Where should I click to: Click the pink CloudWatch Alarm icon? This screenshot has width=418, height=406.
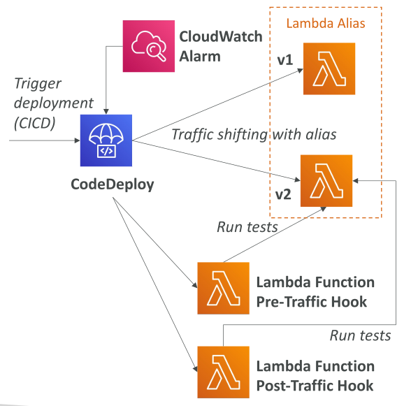pos(149,46)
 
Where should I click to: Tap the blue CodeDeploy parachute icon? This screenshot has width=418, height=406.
pos(106,140)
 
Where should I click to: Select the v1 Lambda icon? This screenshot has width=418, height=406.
pos(329,68)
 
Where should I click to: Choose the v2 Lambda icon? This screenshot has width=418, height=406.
pos(326,181)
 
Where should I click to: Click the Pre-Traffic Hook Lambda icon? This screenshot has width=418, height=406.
pos(224,288)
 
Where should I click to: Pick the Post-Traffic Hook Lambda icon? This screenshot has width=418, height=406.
pos(224,372)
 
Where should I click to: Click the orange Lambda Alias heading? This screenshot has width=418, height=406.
pos(326,23)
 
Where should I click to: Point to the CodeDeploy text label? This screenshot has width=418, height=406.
pos(113,184)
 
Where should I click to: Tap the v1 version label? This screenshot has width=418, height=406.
pos(285,59)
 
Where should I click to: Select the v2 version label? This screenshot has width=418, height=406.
pos(283,194)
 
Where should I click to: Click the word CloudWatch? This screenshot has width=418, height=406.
pos(221,36)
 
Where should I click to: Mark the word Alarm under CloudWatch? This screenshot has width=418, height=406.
pos(200,57)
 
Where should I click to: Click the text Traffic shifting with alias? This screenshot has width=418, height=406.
pos(254,134)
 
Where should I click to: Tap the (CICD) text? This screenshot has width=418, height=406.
pos(35,123)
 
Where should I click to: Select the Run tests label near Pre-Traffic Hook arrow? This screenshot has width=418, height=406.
pos(247,227)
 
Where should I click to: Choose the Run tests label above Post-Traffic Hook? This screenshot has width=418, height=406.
pos(360,335)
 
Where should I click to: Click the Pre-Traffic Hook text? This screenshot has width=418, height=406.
pos(311,302)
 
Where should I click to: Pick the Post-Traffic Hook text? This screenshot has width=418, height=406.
pos(315,386)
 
